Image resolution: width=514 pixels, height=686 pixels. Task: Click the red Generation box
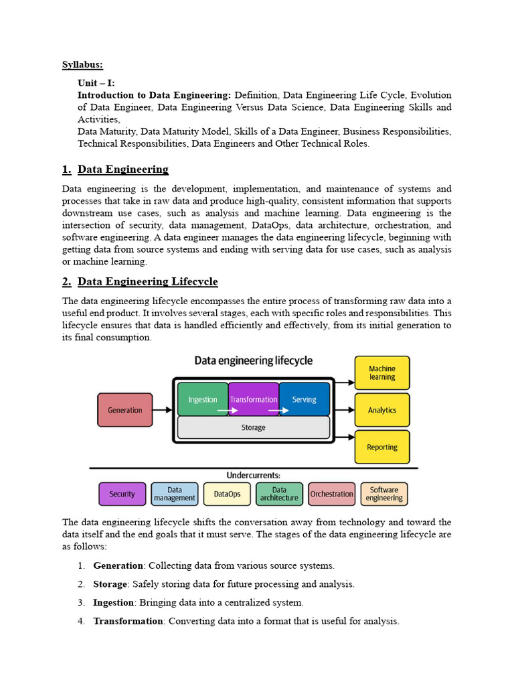coord(125,410)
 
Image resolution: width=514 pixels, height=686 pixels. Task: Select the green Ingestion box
coord(202,399)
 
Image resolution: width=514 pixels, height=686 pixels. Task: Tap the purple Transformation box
coord(253,399)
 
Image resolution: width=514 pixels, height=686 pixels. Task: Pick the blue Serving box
coord(305,399)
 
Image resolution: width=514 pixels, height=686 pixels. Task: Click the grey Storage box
coord(253,427)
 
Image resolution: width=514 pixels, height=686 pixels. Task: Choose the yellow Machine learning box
coord(382,373)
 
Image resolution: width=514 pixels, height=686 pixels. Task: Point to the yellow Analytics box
coord(382,410)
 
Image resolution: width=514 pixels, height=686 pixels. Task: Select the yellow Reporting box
coord(382,447)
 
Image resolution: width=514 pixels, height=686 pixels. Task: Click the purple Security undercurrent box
coord(122,494)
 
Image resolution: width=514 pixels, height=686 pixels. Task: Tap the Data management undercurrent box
coord(175,494)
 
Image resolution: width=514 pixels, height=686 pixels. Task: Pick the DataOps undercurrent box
coord(227,494)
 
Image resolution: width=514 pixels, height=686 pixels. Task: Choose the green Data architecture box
coord(279,494)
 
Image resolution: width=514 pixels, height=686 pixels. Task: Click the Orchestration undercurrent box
coord(331,494)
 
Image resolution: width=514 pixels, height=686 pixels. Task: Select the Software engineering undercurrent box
coord(384,494)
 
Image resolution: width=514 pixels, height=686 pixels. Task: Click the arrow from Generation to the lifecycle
coord(162,410)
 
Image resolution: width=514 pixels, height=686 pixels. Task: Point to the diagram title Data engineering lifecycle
coord(253,361)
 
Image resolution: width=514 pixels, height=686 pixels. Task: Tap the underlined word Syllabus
coord(83,65)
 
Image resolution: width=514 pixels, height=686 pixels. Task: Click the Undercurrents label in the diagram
coord(253,475)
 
